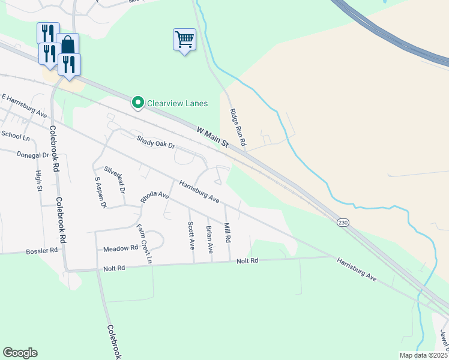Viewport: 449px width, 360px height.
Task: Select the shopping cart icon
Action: (x=184, y=40)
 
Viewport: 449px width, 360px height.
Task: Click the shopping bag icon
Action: (x=68, y=44)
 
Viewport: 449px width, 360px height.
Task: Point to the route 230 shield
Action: (x=342, y=222)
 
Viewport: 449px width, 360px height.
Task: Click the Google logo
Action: (x=20, y=353)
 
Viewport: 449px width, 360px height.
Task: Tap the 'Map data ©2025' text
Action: (x=424, y=355)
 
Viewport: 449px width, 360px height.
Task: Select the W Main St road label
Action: (x=213, y=136)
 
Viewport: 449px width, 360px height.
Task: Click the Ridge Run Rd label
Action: (x=238, y=128)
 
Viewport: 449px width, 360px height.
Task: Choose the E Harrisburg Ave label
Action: (x=24, y=105)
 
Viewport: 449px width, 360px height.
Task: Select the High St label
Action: (x=39, y=181)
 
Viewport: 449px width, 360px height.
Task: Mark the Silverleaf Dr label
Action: (x=114, y=179)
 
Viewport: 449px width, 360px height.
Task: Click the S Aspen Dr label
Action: (x=100, y=193)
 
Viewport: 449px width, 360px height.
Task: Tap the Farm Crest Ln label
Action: (x=144, y=243)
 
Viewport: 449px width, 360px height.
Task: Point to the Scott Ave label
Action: (x=191, y=235)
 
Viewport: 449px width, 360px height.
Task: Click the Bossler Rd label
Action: (x=42, y=250)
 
